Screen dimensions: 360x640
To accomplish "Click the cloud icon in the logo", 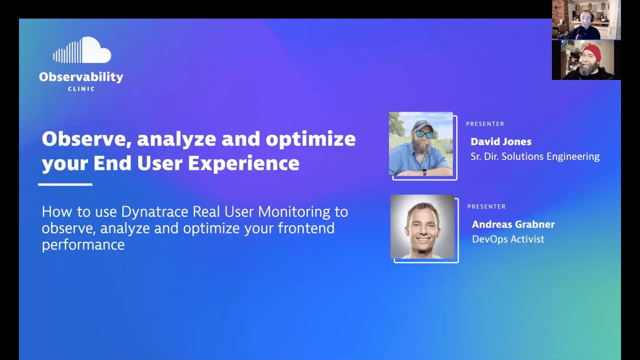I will click(82, 50).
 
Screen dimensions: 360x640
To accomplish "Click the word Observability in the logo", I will click(81, 77).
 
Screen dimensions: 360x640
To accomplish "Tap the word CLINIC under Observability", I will click(81, 89).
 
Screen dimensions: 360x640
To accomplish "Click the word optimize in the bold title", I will click(310, 139).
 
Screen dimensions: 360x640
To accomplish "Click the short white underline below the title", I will click(65, 184).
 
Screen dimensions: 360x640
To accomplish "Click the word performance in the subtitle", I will click(83, 245).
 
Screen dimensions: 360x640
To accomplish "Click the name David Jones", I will click(500, 141).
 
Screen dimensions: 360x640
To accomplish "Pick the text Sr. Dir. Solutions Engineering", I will click(534, 156).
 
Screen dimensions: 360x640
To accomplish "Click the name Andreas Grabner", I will click(513, 224).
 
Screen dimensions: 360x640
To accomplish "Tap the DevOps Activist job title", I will click(507, 239).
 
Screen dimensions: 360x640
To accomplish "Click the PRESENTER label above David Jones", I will click(484, 124).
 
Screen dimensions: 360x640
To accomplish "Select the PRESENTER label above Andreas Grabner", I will click(486, 206).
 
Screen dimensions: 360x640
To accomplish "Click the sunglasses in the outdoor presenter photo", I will click(424, 134).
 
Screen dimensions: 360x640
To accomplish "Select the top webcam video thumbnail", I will click(586, 20).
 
